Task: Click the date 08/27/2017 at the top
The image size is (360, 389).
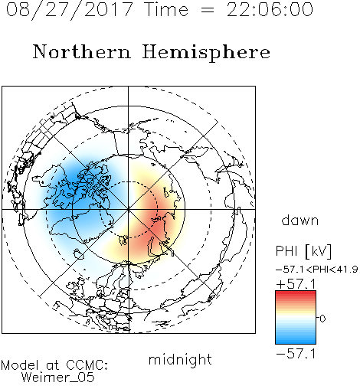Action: click(69, 10)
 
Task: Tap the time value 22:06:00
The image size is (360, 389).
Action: click(270, 9)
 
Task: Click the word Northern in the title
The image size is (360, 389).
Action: click(82, 52)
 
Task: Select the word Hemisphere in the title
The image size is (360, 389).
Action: click(206, 53)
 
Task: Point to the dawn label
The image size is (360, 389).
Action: click(300, 220)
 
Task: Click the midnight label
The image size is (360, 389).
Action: click(180, 360)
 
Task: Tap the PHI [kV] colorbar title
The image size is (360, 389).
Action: click(304, 251)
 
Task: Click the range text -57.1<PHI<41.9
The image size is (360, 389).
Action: click(317, 270)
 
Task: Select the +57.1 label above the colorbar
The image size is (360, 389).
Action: click(296, 284)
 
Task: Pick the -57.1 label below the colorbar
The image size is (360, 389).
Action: click(296, 354)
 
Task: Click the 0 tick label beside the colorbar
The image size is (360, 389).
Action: click(322, 319)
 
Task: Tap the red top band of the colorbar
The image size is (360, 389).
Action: click(296, 293)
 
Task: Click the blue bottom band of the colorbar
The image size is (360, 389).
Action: click(296, 341)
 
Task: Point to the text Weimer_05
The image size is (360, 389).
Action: click(58, 378)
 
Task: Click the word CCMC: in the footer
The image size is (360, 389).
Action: click(87, 365)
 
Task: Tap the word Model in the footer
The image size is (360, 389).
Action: click(20, 365)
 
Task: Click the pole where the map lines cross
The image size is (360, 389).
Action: click(129, 209)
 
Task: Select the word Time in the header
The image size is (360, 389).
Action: click(166, 9)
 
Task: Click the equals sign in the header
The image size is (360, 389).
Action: click(208, 10)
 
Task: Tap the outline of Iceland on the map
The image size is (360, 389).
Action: click(79, 254)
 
